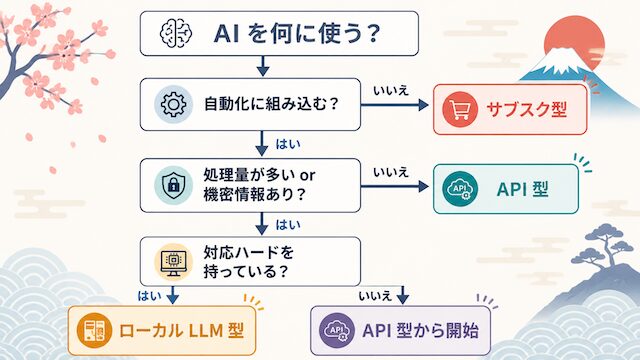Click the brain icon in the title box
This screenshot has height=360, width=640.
[x=176, y=33]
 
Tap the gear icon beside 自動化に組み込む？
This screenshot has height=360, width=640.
[x=173, y=104]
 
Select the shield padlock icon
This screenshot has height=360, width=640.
[x=173, y=185]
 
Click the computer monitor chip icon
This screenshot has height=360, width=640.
[x=173, y=262]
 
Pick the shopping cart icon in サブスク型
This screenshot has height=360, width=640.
[x=460, y=109]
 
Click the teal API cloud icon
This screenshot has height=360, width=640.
[x=460, y=189]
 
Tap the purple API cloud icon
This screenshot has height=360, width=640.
[x=337, y=330]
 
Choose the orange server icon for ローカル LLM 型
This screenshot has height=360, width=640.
[x=94, y=330]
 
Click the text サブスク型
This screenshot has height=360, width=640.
[x=527, y=109]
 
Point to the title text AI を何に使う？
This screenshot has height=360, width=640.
[x=298, y=33]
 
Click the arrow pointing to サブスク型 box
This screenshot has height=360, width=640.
[x=395, y=105]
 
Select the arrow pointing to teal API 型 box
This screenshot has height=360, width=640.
[x=395, y=187]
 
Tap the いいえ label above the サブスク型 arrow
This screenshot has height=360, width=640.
[x=391, y=91]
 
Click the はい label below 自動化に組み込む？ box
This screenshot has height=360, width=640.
[x=288, y=144]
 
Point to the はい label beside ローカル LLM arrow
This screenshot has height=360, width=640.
[x=149, y=296]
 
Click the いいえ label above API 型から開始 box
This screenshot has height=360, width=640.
[x=375, y=296]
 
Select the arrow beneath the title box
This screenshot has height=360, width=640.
[x=263, y=66]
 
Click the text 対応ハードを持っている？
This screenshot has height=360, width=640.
[x=249, y=262]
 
